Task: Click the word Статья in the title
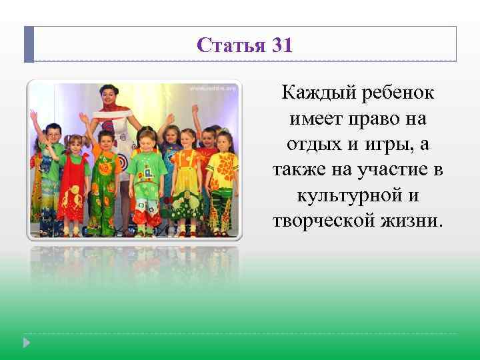coord(231,45)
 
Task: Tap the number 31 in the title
coord(281,45)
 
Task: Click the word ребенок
coord(398,93)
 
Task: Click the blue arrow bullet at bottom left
coord(27,342)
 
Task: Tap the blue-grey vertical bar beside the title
coord(29,44)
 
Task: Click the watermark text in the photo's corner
coord(212,87)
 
